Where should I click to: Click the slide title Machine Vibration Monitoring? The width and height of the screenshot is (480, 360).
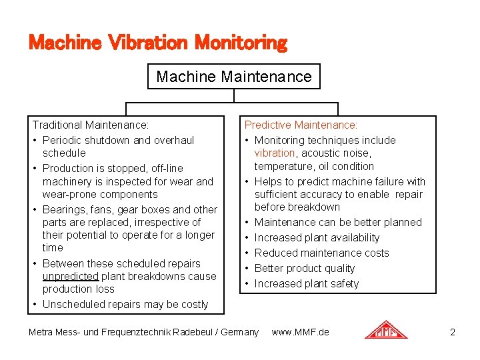tap(157, 43)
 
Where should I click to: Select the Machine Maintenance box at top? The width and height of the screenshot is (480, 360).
tap(233, 77)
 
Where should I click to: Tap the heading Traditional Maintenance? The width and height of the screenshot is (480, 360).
tap(91, 125)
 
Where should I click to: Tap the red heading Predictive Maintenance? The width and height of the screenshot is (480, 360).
tap(301, 125)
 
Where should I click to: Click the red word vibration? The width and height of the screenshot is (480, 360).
tap(274, 153)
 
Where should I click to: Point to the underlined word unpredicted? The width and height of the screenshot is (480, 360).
tap(70, 276)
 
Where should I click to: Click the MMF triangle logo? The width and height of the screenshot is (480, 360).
tap(386, 331)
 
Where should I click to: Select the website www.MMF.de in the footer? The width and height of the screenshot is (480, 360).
tap(300, 331)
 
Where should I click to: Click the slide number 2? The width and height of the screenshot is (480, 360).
tap(453, 331)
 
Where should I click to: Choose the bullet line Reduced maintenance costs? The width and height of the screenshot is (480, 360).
tap(321, 253)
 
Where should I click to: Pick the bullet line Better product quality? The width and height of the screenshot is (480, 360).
tap(304, 268)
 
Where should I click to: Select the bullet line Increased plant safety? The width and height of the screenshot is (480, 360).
tap(306, 283)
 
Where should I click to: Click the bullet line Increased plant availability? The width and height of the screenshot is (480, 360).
tap(317, 237)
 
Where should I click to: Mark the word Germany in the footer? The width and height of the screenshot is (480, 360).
tap(239, 331)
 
